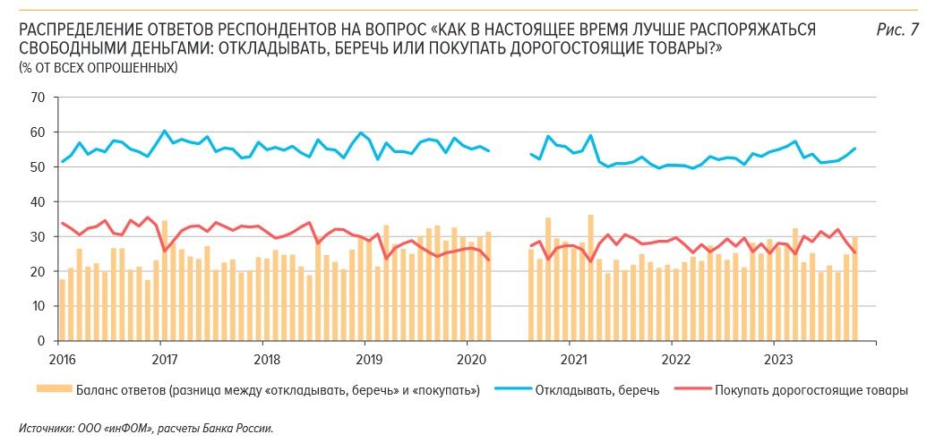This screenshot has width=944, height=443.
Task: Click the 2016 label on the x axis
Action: coord(58,357)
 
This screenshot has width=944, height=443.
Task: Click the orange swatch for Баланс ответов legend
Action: coord(53,389)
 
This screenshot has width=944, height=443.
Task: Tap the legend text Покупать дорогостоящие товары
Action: coord(811,390)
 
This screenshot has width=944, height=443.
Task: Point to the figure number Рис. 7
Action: coord(897,30)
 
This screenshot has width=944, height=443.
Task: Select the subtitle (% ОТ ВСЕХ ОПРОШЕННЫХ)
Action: coord(98,67)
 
